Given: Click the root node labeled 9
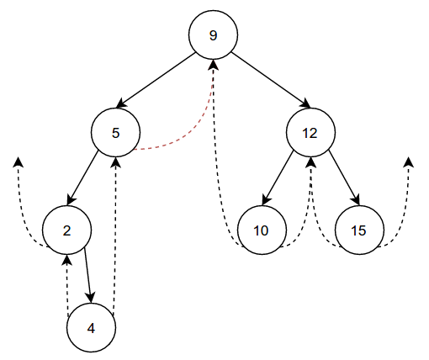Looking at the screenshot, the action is click(213, 34).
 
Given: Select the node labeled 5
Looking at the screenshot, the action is click(115, 132).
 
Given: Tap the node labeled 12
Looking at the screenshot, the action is click(310, 132).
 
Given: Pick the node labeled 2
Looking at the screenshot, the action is click(66, 230).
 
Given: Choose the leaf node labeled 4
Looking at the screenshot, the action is click(91, 327).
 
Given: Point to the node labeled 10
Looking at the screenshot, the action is click(262, 230).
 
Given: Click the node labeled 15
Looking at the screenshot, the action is click(359, 230).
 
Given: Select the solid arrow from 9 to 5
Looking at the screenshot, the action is click(156, 80).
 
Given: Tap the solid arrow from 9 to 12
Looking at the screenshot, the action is click(271, 80).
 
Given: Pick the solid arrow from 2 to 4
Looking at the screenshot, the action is click(87, 275).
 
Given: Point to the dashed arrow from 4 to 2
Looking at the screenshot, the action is click(66, 286).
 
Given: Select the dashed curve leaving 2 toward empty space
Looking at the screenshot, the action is click(23, 219).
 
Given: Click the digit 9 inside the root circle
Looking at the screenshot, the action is click(213, 35).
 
